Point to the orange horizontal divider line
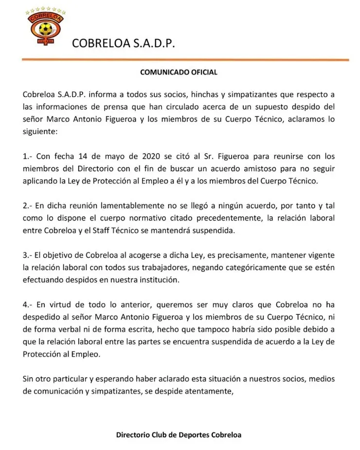185,60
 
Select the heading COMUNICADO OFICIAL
179,72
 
